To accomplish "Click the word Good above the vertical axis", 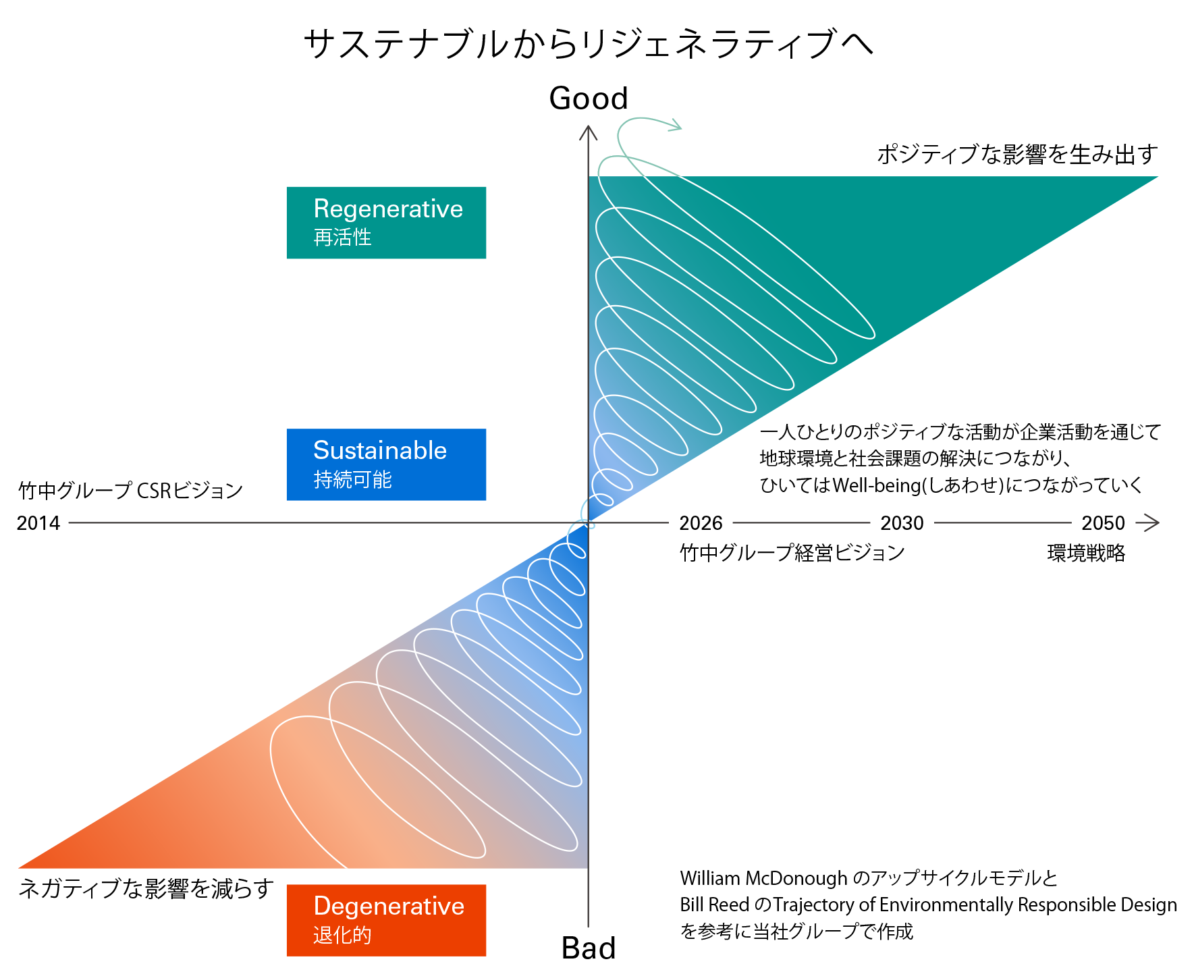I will (588, 99).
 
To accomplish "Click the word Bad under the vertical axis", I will (588, 948).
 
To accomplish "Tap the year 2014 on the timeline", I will (38, 523).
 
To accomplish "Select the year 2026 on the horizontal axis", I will (701, 523).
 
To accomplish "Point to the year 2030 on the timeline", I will (902, 523).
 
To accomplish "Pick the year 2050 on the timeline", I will (1103, 523).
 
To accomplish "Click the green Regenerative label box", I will (386, 223).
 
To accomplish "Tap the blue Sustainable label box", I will (386, 464).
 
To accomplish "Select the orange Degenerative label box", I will (386, 920).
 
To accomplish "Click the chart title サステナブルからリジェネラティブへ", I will (589, 45).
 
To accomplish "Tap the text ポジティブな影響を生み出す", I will (1017, 155).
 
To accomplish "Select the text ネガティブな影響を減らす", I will (146, 888).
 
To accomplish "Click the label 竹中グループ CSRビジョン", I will (130, 491).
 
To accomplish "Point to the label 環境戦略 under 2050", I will (1086, 553).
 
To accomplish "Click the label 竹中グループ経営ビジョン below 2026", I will (792, 553).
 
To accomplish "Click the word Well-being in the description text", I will (876, 485).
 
